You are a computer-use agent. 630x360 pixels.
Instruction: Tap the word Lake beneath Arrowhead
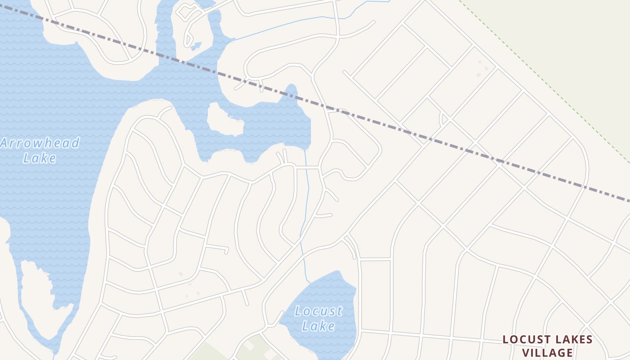coord(40,158)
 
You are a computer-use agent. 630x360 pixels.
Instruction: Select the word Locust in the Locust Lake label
coord(319,311)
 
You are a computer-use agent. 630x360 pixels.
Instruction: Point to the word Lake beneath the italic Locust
coord(318,326)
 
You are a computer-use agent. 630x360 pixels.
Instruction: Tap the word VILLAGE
coord(547,352)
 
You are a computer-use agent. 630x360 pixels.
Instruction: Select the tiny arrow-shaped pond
coord(196,45)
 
